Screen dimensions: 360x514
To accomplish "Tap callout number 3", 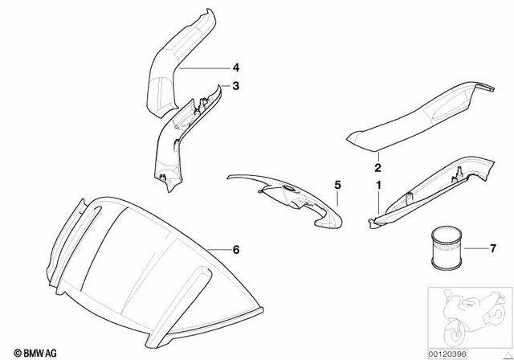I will [236, 85].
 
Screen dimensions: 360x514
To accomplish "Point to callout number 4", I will [236, 68].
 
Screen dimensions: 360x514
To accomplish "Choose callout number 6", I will [236, 250].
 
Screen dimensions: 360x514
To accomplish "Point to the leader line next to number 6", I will [218, 248].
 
